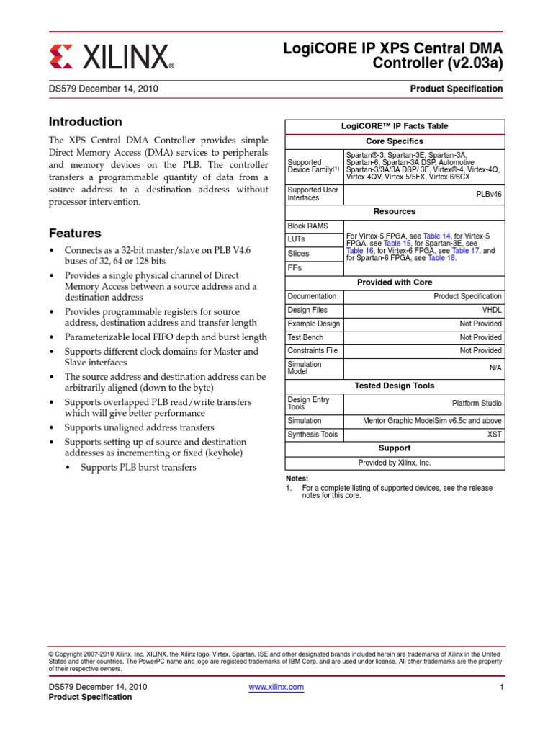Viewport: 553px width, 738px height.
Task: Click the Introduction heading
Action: (x=85, y=122)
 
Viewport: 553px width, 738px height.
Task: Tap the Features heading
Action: (x=74, y=234)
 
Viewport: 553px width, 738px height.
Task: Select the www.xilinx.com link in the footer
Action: (x=276, y=687)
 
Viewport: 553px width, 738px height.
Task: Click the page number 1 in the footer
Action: (x=500, y=687)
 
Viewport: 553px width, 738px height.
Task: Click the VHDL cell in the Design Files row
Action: (x=492, y=310)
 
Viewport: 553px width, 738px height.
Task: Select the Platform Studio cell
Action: (x=477, y=404)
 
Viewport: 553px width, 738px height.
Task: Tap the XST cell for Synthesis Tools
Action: (x=495, y=435)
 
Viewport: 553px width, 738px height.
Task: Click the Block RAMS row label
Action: (x=307, y=226)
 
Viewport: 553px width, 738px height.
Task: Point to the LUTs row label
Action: (x=297, y=239)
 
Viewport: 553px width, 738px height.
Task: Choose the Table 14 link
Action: (x=436, y=236)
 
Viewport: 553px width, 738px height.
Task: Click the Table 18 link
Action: (x=441, y=257)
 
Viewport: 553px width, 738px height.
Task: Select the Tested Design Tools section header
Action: (x=394, y=386)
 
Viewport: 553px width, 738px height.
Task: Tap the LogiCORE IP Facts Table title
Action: (x=394, y=126)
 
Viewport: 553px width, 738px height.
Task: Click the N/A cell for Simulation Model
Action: (x=495, y=368)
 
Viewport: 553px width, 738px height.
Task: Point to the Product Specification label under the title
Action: (x=456, y=89)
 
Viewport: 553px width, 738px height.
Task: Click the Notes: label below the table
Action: (x=297, y=479)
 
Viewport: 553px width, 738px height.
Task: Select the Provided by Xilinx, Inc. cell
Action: (x=394, y=463)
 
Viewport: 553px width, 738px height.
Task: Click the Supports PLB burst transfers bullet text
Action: (x=138, y=468)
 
